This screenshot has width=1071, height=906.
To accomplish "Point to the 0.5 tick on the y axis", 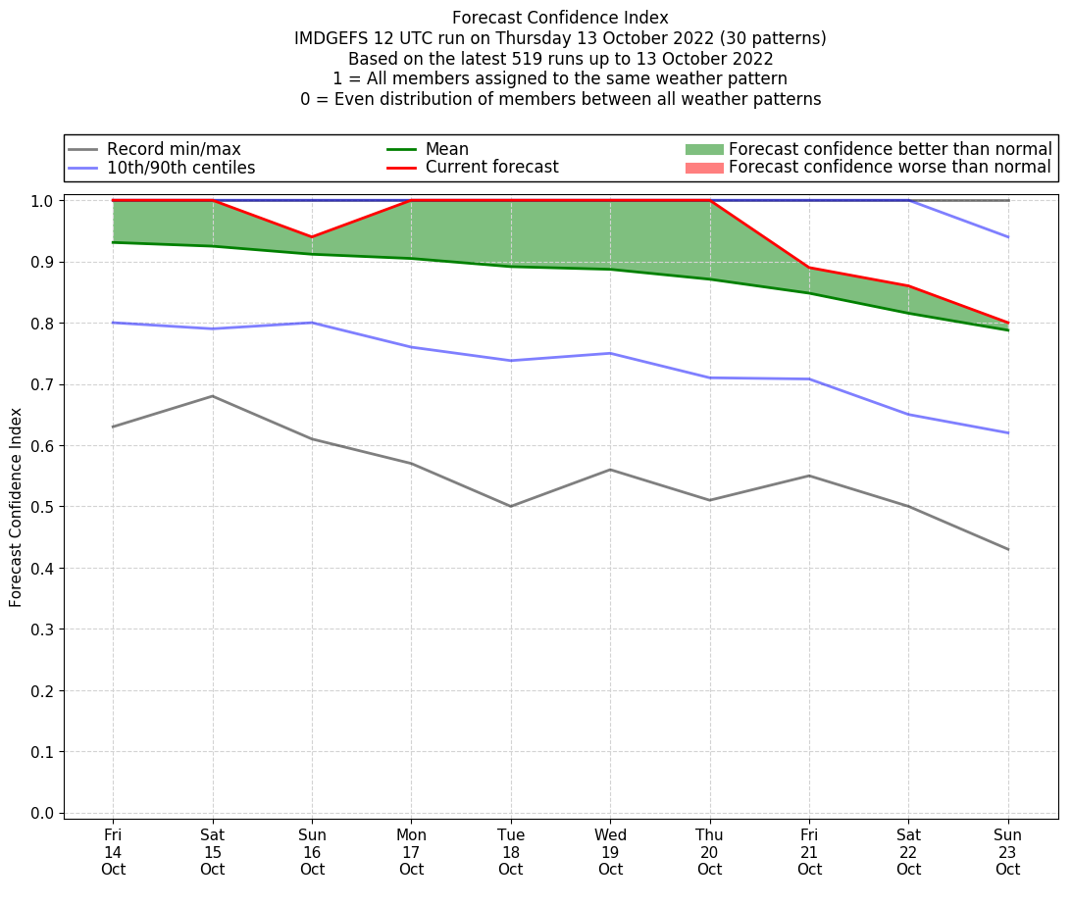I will point(44,507).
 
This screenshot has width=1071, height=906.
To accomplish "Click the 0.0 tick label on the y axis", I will point(44,813).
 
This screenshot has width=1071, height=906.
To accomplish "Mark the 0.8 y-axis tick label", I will point(44,324).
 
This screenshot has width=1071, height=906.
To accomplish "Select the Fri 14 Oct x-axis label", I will point(113,852).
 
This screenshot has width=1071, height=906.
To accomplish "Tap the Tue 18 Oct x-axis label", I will point(510,852).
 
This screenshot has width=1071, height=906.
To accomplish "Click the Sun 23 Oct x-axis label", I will point(1007,852).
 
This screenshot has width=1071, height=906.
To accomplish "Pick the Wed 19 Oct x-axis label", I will point(610,852).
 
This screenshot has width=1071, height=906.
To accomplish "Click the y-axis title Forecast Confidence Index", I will point(16,508).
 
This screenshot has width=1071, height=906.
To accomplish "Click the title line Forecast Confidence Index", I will point(560,18).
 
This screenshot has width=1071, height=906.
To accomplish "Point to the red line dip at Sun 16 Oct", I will point(312,237).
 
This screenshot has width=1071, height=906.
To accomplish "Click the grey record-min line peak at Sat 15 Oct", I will point(213,396).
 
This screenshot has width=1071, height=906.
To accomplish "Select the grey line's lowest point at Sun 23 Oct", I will point(1007,549).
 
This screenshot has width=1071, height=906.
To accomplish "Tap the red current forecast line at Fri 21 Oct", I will point(809,268).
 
